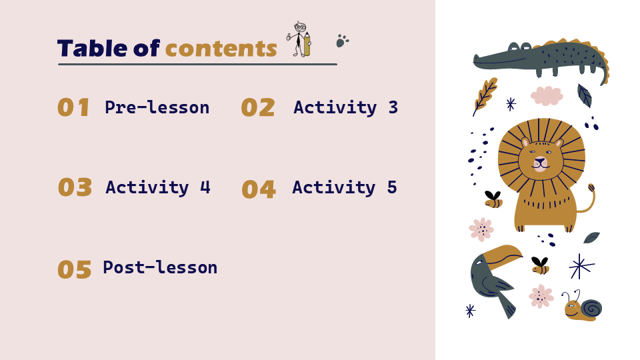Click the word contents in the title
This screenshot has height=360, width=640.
[221, 49]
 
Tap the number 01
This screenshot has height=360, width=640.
[73, 107]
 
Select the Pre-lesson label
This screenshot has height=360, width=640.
[157, 107]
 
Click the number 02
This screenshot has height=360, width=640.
[258, 108]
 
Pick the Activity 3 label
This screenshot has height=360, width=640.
[345, 107]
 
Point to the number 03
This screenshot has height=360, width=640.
[75, 187]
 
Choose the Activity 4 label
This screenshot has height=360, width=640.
[158, 187]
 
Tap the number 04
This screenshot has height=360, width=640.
[259, 189]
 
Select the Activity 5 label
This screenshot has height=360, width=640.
[345, 187]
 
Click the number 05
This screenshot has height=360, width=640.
[74, 269]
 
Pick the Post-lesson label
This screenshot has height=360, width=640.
[160, 267]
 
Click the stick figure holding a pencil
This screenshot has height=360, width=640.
[299, 39]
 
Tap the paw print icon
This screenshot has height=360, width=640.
[342, 41]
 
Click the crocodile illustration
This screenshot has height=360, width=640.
[541, 61]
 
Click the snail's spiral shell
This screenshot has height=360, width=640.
[591, 308]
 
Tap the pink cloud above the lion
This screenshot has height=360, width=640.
[547, 96]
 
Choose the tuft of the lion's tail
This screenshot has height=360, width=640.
[591, 188]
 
